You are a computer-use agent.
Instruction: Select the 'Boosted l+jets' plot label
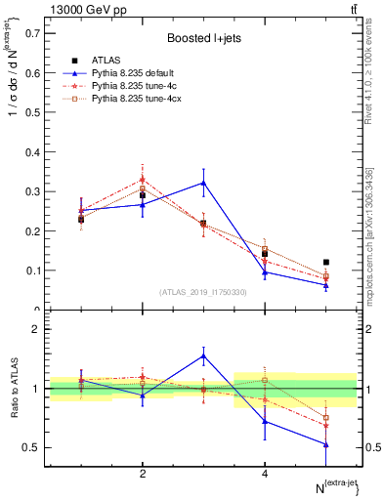(203, 38)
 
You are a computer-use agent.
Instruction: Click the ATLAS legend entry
(106, 61)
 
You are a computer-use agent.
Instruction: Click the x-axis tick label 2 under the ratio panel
(143, 474)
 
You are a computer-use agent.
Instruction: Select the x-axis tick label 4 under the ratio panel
(265, 474)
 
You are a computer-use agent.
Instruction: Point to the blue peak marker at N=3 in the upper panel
(203, 183)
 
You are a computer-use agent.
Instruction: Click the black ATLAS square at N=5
(325, 262)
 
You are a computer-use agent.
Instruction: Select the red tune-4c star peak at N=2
(143, 179)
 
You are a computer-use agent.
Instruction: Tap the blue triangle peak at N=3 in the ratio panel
(203, 355)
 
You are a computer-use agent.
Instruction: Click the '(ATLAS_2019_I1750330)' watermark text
(203, 292)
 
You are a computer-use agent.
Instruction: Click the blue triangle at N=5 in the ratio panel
(325, 444)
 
